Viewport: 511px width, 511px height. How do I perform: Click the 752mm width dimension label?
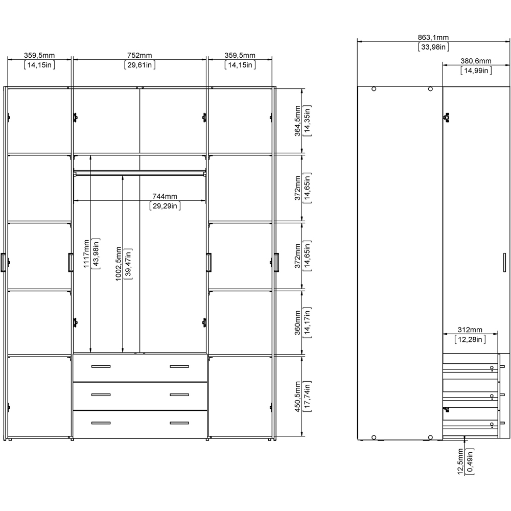click(140, 56)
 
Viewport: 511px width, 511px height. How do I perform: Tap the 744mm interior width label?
click(165, 197)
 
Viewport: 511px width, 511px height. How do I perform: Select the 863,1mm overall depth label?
click(433, 38)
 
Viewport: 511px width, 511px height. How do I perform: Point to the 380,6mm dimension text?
click(476, 61)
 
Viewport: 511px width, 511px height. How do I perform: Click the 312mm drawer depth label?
click(470, 330)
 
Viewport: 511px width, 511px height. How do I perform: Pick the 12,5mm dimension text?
click(460, 461)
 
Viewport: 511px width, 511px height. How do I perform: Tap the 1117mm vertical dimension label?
click(86, 254)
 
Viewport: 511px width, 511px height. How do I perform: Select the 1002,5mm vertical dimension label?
click(119, 264)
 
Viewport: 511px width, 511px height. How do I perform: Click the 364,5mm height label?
click(297, 121)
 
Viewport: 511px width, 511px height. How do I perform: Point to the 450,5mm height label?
click(297, 397)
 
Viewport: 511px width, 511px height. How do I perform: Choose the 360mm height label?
click(297, 322)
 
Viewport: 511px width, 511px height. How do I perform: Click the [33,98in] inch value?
click(433, 47)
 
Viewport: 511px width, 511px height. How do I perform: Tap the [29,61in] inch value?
click(140, 65)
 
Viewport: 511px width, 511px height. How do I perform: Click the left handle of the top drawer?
click(101, 366)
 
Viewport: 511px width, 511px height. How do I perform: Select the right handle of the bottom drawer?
click(179, 423)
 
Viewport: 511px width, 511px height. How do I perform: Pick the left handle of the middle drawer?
click(101, 394)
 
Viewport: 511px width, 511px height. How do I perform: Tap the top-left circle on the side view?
click(374, 88)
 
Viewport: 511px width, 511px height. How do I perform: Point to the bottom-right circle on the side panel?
click(430, 437)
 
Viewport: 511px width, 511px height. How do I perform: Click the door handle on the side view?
click(504, 262)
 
